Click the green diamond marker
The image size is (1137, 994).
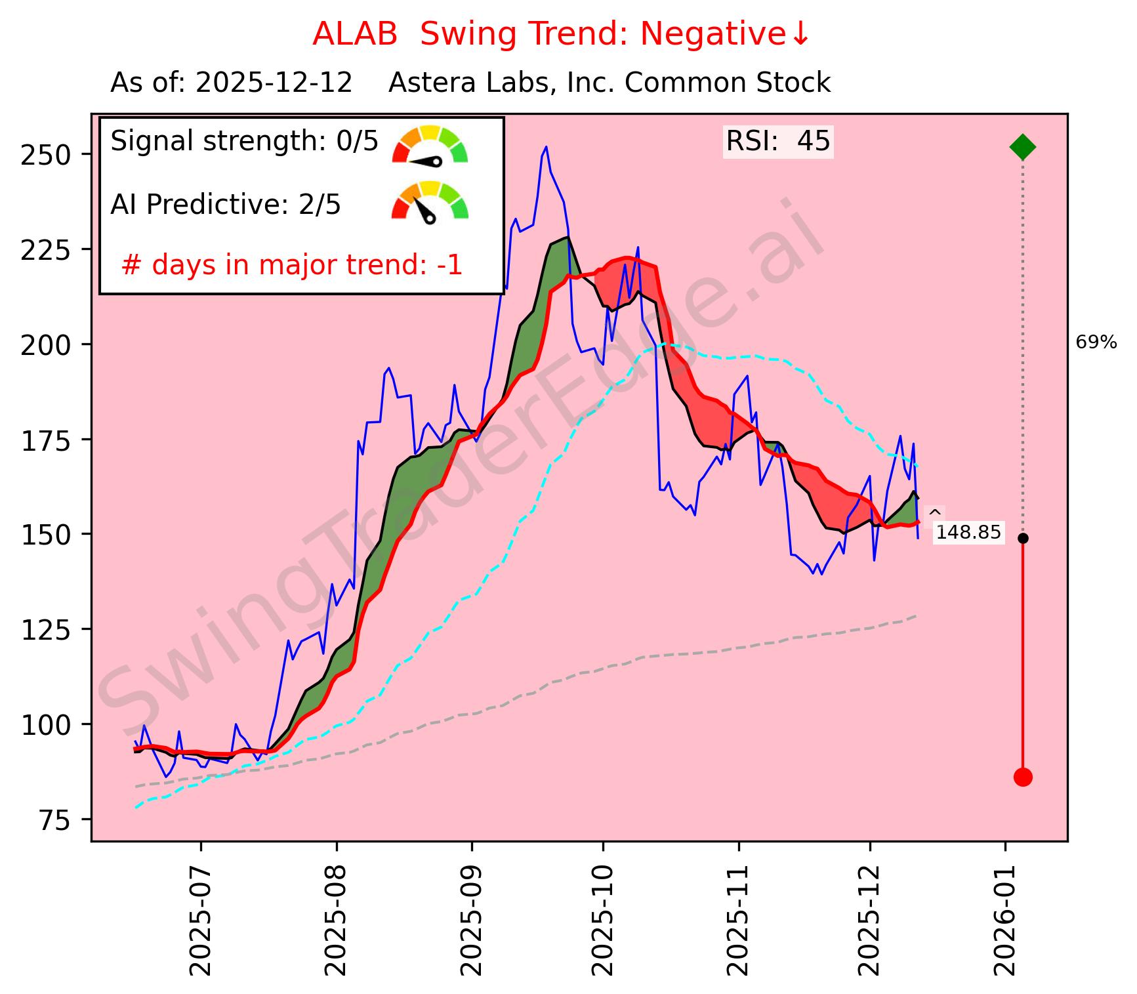tap(1022, 147)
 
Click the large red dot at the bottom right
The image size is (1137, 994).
tap(1022, 777)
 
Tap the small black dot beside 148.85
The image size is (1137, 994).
tap(1022, 538)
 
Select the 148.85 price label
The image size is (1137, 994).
tap(968, 532)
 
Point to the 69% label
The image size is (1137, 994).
tap(1096, 342)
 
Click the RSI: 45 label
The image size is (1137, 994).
tap(778, 141)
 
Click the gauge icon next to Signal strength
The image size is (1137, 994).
tap(430, 144)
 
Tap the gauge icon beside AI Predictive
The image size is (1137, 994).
tap(430, 201)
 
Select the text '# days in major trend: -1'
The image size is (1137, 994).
tap(292, 266)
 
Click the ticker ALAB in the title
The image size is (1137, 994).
tap(355, 34)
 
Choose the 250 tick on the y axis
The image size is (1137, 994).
tap(47, 155)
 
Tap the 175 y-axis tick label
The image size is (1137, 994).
tap(47, 440)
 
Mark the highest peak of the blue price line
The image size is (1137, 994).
tap(545, 147)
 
